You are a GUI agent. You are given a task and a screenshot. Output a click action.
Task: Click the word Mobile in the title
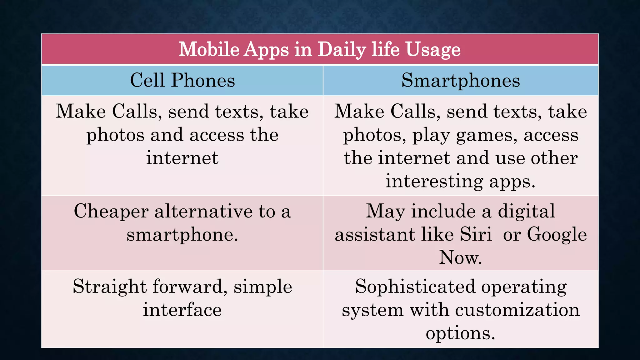point(209,49)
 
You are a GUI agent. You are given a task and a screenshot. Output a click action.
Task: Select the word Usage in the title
point(433,50)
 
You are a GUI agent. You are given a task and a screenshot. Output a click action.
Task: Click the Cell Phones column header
point(182,80)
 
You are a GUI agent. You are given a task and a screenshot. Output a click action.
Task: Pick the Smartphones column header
point(461,80)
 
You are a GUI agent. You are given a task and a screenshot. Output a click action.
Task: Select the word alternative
point(203,211)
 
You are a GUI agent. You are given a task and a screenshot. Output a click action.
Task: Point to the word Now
point(460,257)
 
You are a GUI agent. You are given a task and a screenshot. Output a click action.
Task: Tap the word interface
point(182,310)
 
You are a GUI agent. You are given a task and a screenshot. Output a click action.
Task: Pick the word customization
point(517,310)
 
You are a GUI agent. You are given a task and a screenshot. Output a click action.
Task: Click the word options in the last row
point(460,333)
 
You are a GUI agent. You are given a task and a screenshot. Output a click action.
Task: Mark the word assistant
point(375,235)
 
